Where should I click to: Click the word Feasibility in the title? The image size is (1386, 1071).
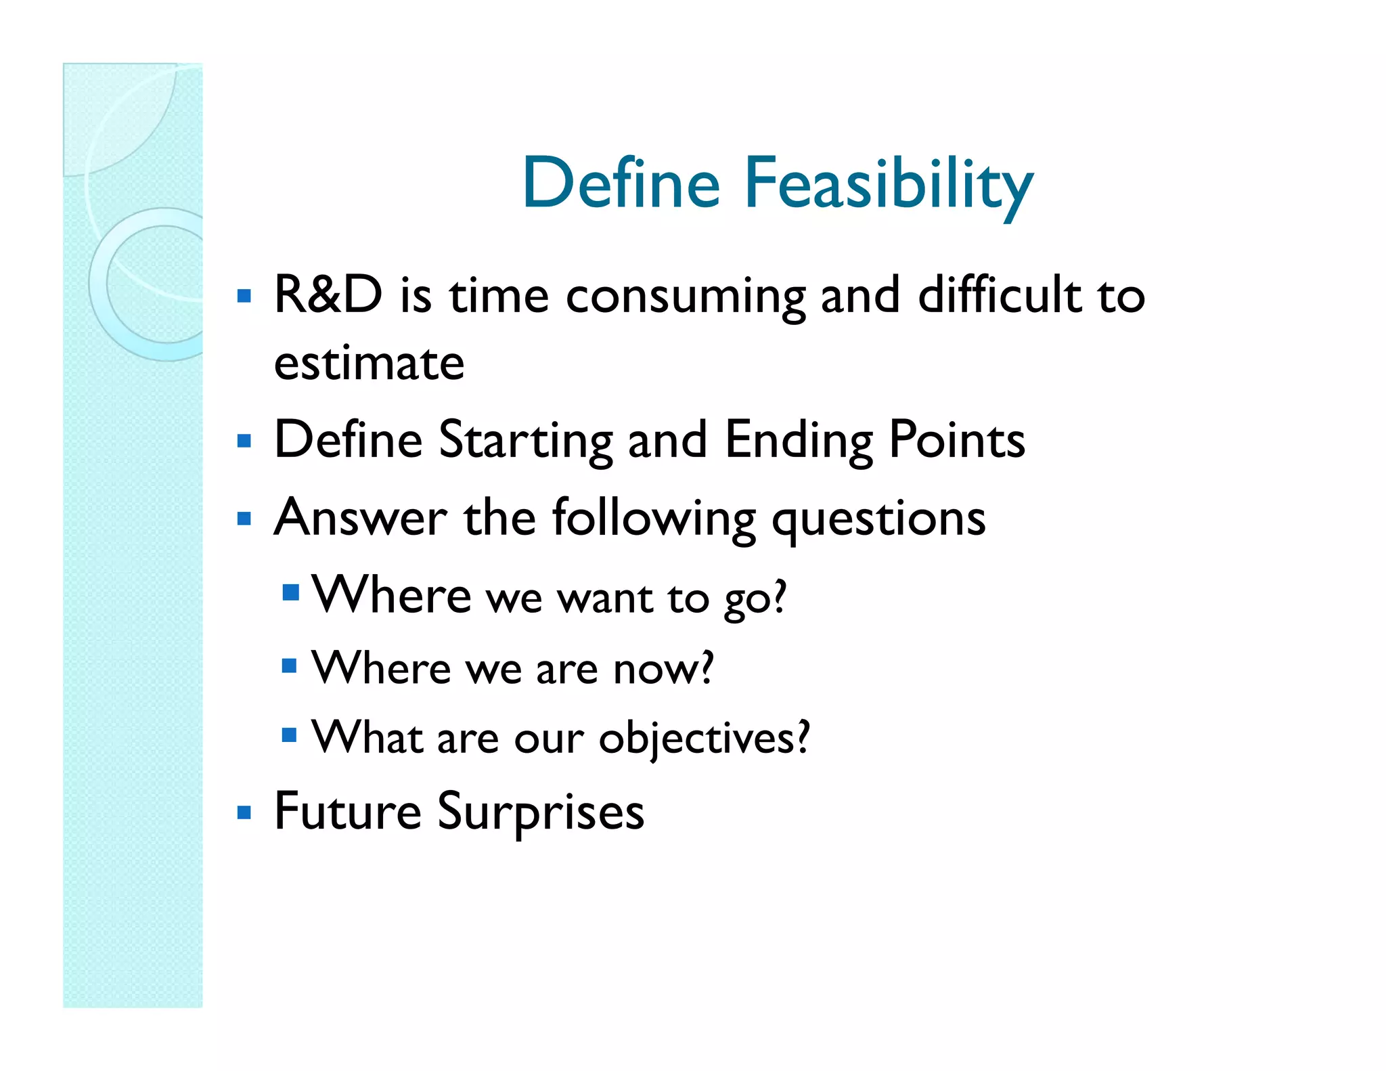[x=889, y=184]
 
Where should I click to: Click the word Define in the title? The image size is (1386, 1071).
[x=621, y=183]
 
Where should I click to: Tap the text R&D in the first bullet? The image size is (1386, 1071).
[x=328, y=295]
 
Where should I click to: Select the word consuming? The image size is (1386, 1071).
[x=686, y=298]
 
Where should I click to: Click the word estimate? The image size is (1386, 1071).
[x=369, y=364]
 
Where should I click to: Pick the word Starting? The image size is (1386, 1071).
[x=525, y=441]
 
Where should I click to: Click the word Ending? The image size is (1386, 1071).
[x=799, y=441]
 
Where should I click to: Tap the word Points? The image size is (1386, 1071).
[x=956, y=440]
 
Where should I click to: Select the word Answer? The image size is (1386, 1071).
[x=360, y=519]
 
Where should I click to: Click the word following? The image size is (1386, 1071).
[x=653, y=520]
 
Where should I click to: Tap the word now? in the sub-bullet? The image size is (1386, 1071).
[x=663, y=669]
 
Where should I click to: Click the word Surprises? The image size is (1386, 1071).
[x=541, y=812]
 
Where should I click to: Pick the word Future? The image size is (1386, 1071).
[x=348, y=811]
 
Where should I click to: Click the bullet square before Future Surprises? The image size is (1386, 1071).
[x=244, y=812]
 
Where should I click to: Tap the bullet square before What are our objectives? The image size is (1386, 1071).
[x=289, y=735]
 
